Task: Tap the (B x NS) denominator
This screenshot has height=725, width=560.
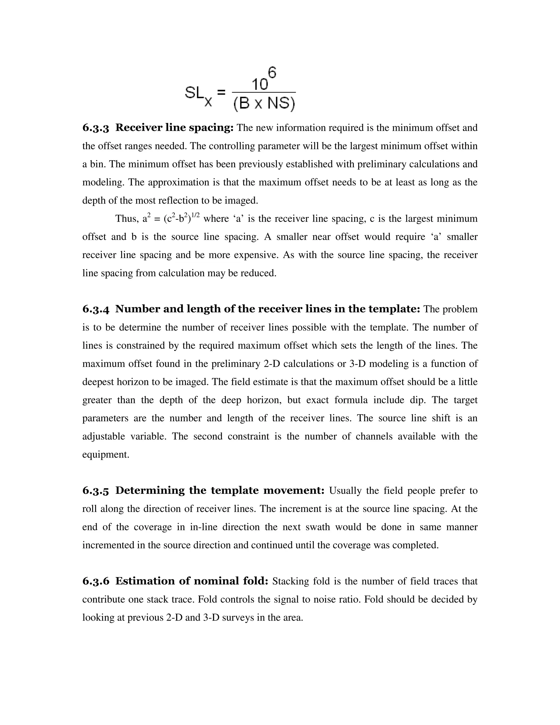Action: coord(264,104)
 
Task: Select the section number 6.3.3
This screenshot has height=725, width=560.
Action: coord(95,128)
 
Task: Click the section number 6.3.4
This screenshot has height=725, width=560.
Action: coord(95,309)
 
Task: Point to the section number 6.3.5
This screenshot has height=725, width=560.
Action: coord(95,491)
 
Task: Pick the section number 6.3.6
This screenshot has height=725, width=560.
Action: coord(95,581)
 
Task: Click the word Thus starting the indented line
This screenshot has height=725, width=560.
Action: coord(126,219)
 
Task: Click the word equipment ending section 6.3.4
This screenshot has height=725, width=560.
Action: coord(106,454)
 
